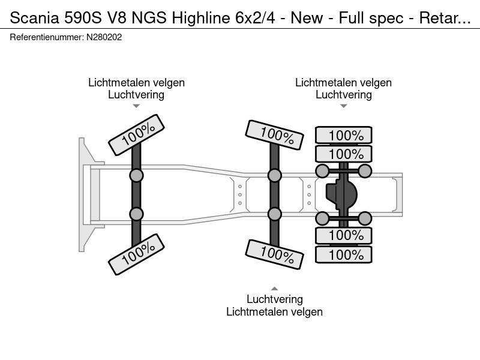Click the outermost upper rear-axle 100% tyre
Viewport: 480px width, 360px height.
pos(344,136)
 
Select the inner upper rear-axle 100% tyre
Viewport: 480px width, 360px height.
pos(344,154)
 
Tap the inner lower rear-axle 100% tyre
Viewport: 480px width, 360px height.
pos(344,235)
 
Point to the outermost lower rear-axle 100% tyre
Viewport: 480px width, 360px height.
pos(344,254)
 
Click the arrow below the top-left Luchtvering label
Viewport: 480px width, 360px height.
pos(136,106)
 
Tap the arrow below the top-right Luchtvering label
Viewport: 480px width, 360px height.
pos(343,106)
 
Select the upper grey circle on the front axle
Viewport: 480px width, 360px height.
pos(137,175)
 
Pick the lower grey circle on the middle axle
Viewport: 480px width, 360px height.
pos(274,214)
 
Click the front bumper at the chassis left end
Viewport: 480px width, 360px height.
pos(82,194)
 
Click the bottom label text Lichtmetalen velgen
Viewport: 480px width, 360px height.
pos(274,311)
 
